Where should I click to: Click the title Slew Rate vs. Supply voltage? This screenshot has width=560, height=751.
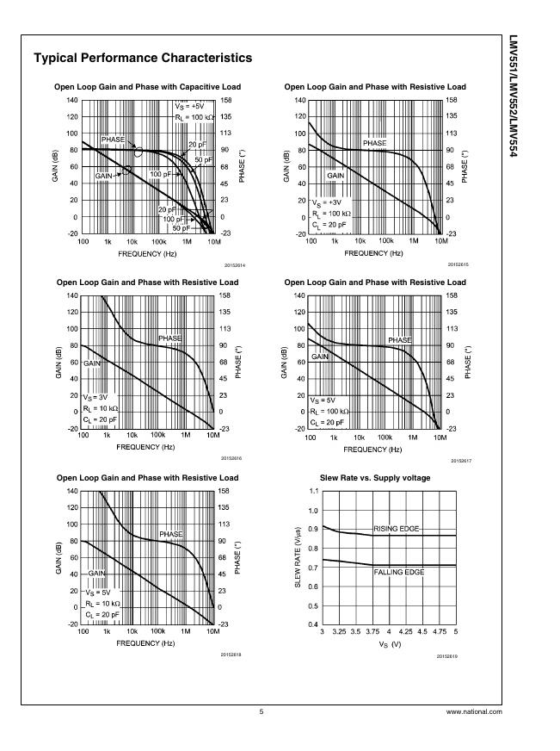click(x=375, y=477)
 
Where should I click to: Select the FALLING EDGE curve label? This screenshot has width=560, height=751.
click(x=399, y=572)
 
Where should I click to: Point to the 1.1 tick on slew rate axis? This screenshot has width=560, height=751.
click(x=313, y=491)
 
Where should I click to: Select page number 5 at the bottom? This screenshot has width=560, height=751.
click(x=262, y=712)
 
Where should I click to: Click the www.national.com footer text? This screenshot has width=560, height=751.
click(x=474, y=712)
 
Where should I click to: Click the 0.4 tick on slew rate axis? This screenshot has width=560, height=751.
click(x=313, y=624)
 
